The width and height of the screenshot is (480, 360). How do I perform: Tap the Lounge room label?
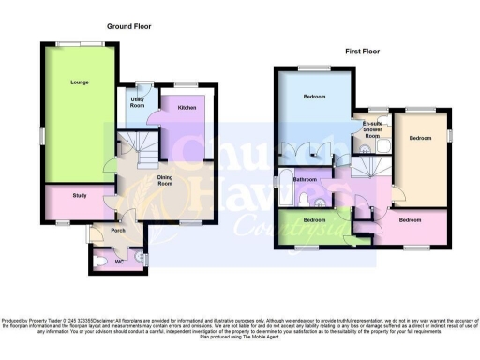(79, 83)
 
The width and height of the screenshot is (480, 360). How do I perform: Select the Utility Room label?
(137, 102)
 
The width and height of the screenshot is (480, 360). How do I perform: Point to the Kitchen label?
(187, 108)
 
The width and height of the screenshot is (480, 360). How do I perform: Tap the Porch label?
(119, 231)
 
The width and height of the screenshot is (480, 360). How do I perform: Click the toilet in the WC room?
(101, 262)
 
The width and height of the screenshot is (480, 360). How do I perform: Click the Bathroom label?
(305, 179)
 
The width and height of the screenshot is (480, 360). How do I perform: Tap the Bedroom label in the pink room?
(410, 220)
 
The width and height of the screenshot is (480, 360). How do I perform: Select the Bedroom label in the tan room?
(420, 138)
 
